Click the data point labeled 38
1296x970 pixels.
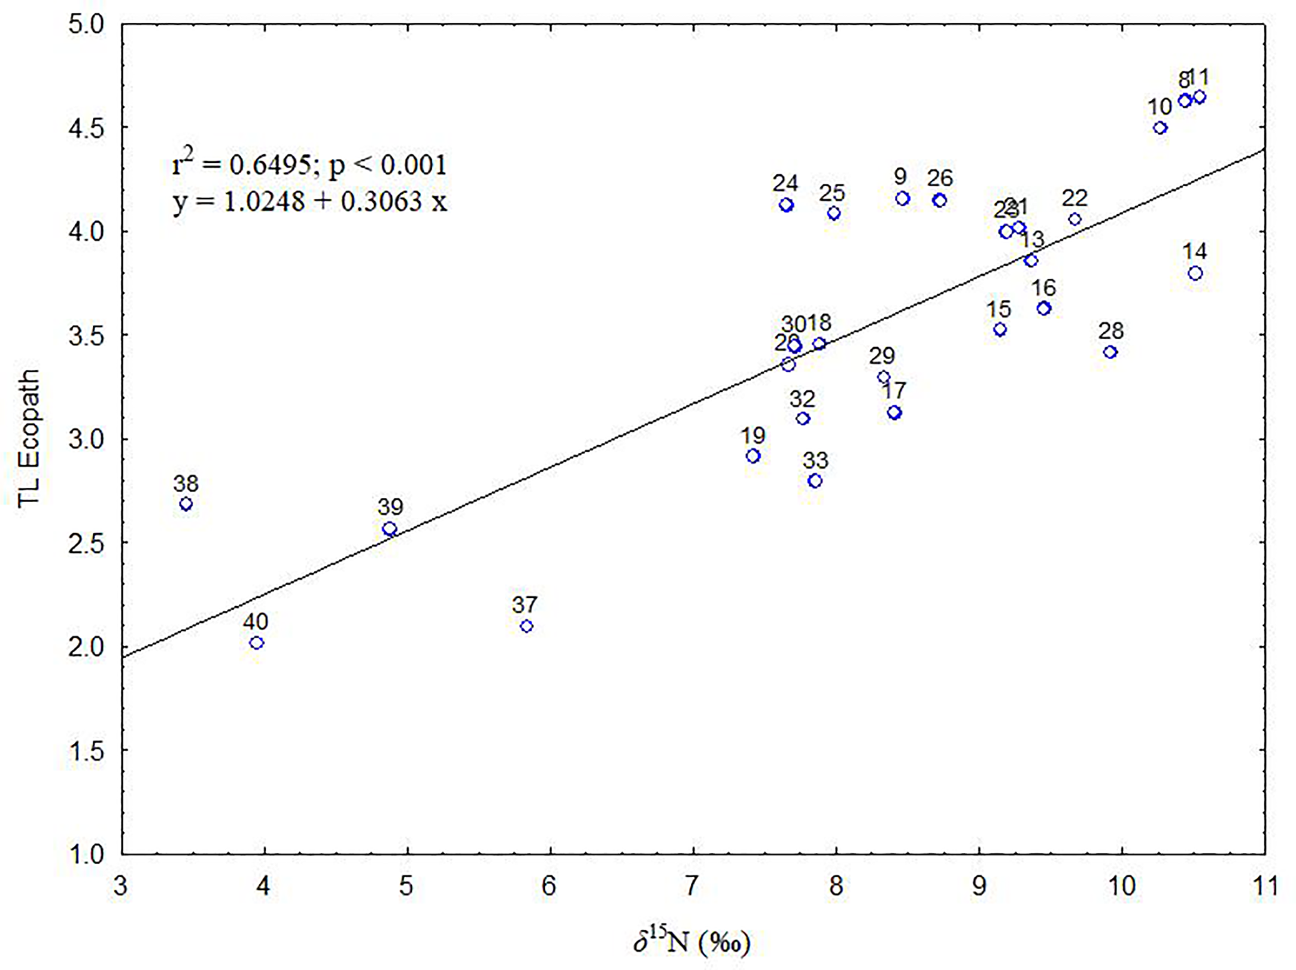186,504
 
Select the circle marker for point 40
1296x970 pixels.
257,643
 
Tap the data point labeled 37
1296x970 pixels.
527,627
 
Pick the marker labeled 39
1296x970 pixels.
390,529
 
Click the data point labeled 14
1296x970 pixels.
1195,273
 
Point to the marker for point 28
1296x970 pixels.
1110,352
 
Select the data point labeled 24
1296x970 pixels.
787,205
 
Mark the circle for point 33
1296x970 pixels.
815,481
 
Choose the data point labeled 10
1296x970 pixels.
1160,128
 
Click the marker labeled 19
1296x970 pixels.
753,456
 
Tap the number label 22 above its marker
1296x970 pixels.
1075,198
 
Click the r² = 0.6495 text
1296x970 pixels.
239,165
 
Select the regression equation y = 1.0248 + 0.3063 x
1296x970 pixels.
310,202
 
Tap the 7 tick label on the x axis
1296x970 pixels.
693,886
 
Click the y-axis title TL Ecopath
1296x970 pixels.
28,439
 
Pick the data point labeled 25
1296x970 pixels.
834,214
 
